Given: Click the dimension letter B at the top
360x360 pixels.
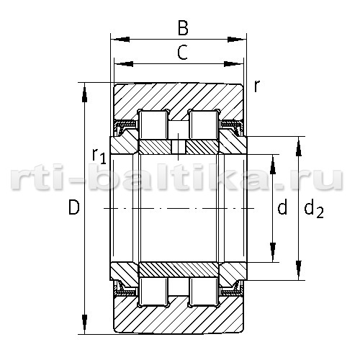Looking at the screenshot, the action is point(183,28).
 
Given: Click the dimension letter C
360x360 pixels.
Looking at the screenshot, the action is point(182,53).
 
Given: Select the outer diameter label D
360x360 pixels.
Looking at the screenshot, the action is point(73,207).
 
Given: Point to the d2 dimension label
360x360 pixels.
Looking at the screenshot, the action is point(314,210).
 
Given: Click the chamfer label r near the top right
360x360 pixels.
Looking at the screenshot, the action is point(257,86).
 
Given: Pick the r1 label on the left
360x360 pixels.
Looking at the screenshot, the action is point(99,156).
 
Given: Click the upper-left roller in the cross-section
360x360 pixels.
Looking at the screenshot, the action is point(153,125).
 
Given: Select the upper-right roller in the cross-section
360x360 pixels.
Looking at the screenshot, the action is point(204,125).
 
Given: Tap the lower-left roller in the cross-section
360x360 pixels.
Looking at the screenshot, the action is point(153,292).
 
